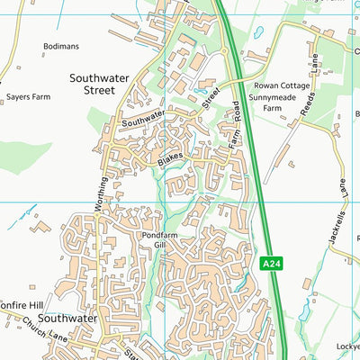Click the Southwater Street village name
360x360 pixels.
(105, 85)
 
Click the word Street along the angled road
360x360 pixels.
(211, 95)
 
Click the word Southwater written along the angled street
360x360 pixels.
(145, 117)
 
